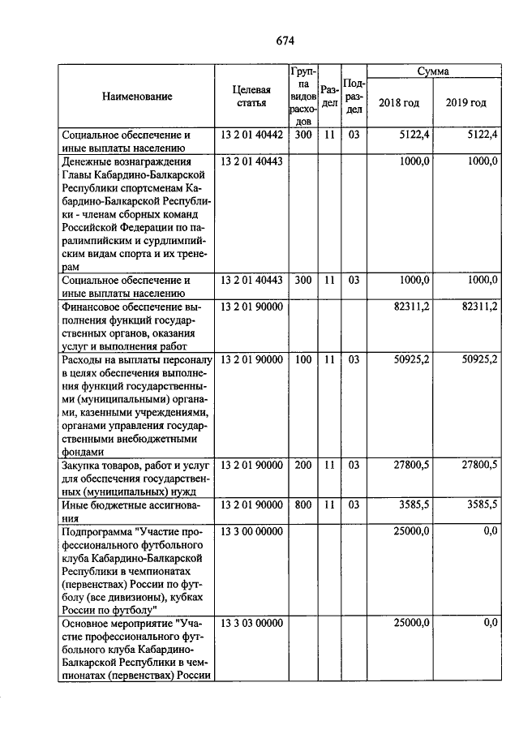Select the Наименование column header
pyautogui.click(x=137, y=97)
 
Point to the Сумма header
pyautogui.click(x=433, y=72)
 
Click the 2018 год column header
pyautogui.click(x=400, y=103)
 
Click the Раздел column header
pyautogui.click(x=328, y=97)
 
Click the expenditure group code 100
pyautogui.click(x=302, y=358)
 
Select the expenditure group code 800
pyautogui.click(x=302, y=504)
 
